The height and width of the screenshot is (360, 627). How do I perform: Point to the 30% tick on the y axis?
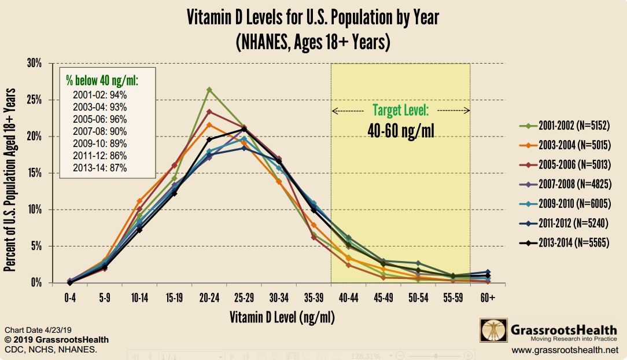pos(34,64)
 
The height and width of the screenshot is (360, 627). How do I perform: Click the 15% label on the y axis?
pos(34,173)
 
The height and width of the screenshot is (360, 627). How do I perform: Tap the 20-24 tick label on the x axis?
pos(209,297)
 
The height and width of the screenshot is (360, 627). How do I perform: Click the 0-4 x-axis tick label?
pos(69,297)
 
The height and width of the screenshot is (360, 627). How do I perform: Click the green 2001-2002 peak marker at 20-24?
pos(209,90)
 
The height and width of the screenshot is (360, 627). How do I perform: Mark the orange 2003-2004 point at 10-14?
pos(139,201)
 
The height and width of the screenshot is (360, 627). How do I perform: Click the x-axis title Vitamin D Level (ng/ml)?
pos(282,317)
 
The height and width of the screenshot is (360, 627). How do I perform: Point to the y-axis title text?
pos(10,180)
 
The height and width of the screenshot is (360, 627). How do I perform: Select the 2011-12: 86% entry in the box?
pos(99,156)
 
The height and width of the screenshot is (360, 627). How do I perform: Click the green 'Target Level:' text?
pos(400,110)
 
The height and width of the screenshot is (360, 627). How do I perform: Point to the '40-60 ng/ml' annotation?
pos(400,131)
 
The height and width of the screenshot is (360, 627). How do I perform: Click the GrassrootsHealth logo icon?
pos(493,330)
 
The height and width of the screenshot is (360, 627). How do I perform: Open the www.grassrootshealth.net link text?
pos(565,350)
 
